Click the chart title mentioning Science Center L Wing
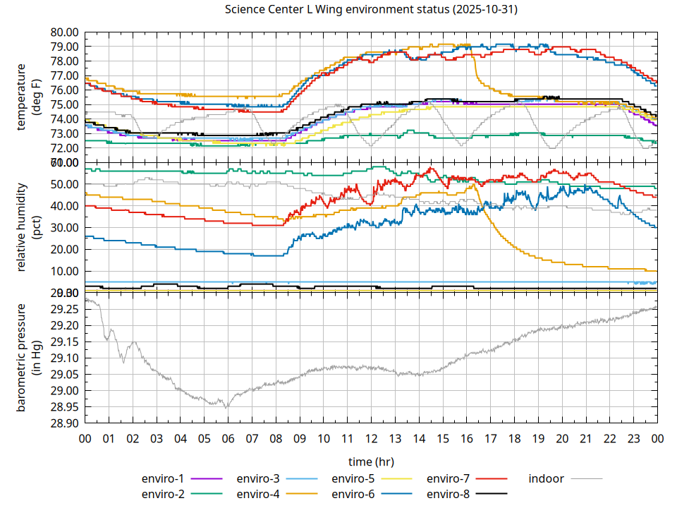pos(371,10)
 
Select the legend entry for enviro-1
pos(163,478)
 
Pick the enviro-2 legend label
pos(163,493)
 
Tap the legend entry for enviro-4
pos(258,493)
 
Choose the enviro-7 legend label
pos(449,478)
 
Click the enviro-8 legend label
pos(449,493)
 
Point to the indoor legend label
pos(547,478)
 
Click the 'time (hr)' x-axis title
pos(371,461)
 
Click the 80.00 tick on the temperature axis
pos(63,32)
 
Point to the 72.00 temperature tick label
pos(63,148)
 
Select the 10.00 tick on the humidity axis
pos(63,271)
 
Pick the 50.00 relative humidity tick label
pos(63,184)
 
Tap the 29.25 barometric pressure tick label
pos(63,309)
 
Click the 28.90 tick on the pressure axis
pos(63,423)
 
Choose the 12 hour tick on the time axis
pos(371,438)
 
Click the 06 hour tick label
pos(228,438)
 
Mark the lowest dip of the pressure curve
pos(226,408)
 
